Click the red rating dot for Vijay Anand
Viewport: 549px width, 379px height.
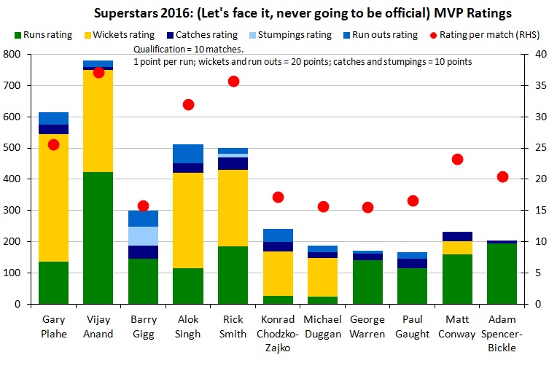coord(98,72)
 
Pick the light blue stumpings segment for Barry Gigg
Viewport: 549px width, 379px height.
coord(144,236)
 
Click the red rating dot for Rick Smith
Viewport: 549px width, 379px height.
coord(233,81)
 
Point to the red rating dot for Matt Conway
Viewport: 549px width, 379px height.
coord(458,159)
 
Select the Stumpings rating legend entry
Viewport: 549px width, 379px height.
coord(295,34)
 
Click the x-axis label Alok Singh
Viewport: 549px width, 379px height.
coord(188,326)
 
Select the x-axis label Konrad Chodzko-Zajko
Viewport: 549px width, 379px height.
coord(279,333)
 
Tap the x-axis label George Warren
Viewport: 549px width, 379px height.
coord(368,326)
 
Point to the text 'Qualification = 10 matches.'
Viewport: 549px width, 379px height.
coord(179,49)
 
